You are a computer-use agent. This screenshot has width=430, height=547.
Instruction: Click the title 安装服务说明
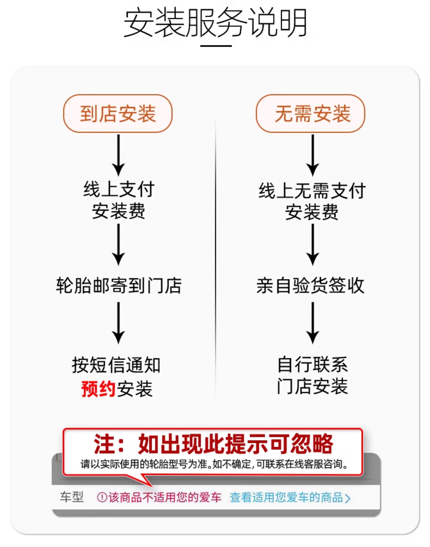click(x=215, y=23)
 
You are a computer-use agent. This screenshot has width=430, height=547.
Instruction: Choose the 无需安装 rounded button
click(x=310, y=113)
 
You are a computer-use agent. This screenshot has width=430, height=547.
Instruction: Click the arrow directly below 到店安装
click(x=118, y=155)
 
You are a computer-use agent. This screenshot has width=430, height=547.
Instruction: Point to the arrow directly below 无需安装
click(x=312, y=155)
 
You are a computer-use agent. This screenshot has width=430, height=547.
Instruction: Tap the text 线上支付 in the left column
click(x=119, y=190)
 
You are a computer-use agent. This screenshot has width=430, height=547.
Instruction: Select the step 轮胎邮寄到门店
click(x=119, y=286)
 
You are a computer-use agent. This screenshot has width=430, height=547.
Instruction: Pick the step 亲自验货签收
click(x=310, y=286)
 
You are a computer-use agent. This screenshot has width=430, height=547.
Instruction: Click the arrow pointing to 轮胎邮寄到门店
click(x=118, y=244)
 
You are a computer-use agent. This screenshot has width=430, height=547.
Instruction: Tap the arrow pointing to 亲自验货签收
click(x=312, y=244)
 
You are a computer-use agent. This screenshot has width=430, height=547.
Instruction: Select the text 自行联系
click(x=312, y=365)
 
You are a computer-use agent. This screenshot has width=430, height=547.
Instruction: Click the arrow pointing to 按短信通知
click(x=118, y=323)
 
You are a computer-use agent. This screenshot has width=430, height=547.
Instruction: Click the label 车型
click(x=72, y=497)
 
